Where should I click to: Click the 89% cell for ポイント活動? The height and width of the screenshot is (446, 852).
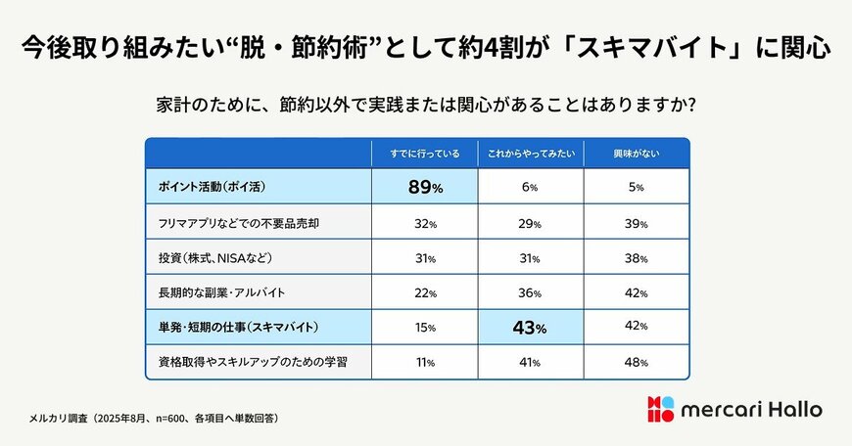click(x=424, y=187)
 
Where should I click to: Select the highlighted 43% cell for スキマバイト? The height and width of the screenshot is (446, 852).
click(x=531, y=328)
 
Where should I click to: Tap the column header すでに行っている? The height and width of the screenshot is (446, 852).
click(x=424, y=153)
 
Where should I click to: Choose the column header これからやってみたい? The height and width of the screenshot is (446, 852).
click(x=531, y=153)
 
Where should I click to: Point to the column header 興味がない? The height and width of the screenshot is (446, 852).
click(x=637, y=153)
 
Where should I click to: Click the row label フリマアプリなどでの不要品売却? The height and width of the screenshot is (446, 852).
click(x=241, y=223)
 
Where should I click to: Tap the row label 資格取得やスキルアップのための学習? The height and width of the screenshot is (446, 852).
click(x=252, y=363)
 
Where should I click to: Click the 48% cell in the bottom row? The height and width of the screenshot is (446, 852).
click(x=637, y=363)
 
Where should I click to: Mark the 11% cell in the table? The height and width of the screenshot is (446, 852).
click(x=424, y=363)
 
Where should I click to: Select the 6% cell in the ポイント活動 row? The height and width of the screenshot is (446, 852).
click(x=531, y=187)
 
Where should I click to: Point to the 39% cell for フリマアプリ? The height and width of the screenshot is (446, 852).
click(x=637, y=223)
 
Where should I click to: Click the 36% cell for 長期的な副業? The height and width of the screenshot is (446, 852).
click(x=531, y=293)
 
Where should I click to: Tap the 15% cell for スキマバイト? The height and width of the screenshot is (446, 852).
click(x=424, y=328)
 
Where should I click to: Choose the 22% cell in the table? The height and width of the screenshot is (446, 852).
click(x=424, y=293)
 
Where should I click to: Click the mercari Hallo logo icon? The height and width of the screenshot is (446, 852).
click(x=661, y=409)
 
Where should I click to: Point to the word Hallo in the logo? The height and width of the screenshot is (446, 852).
click(x=792, y=409)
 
